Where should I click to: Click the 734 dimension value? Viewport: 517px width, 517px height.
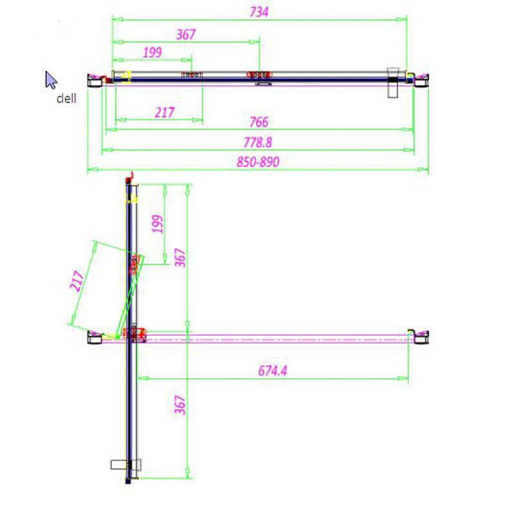click(259, 11)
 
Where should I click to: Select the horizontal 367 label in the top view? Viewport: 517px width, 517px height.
click(186, 34)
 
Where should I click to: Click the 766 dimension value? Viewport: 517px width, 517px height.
click(258, 122)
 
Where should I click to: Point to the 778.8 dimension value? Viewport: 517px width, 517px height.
click(258, 142)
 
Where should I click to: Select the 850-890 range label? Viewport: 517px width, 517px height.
click(258, 162)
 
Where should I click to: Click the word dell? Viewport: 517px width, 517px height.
click(66, 98)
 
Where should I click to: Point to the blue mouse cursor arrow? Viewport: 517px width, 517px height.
click(50, 80)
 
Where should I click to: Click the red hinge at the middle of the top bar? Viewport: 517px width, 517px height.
click(259, 75)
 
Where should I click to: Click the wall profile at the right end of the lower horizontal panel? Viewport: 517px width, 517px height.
click(418, 335)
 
